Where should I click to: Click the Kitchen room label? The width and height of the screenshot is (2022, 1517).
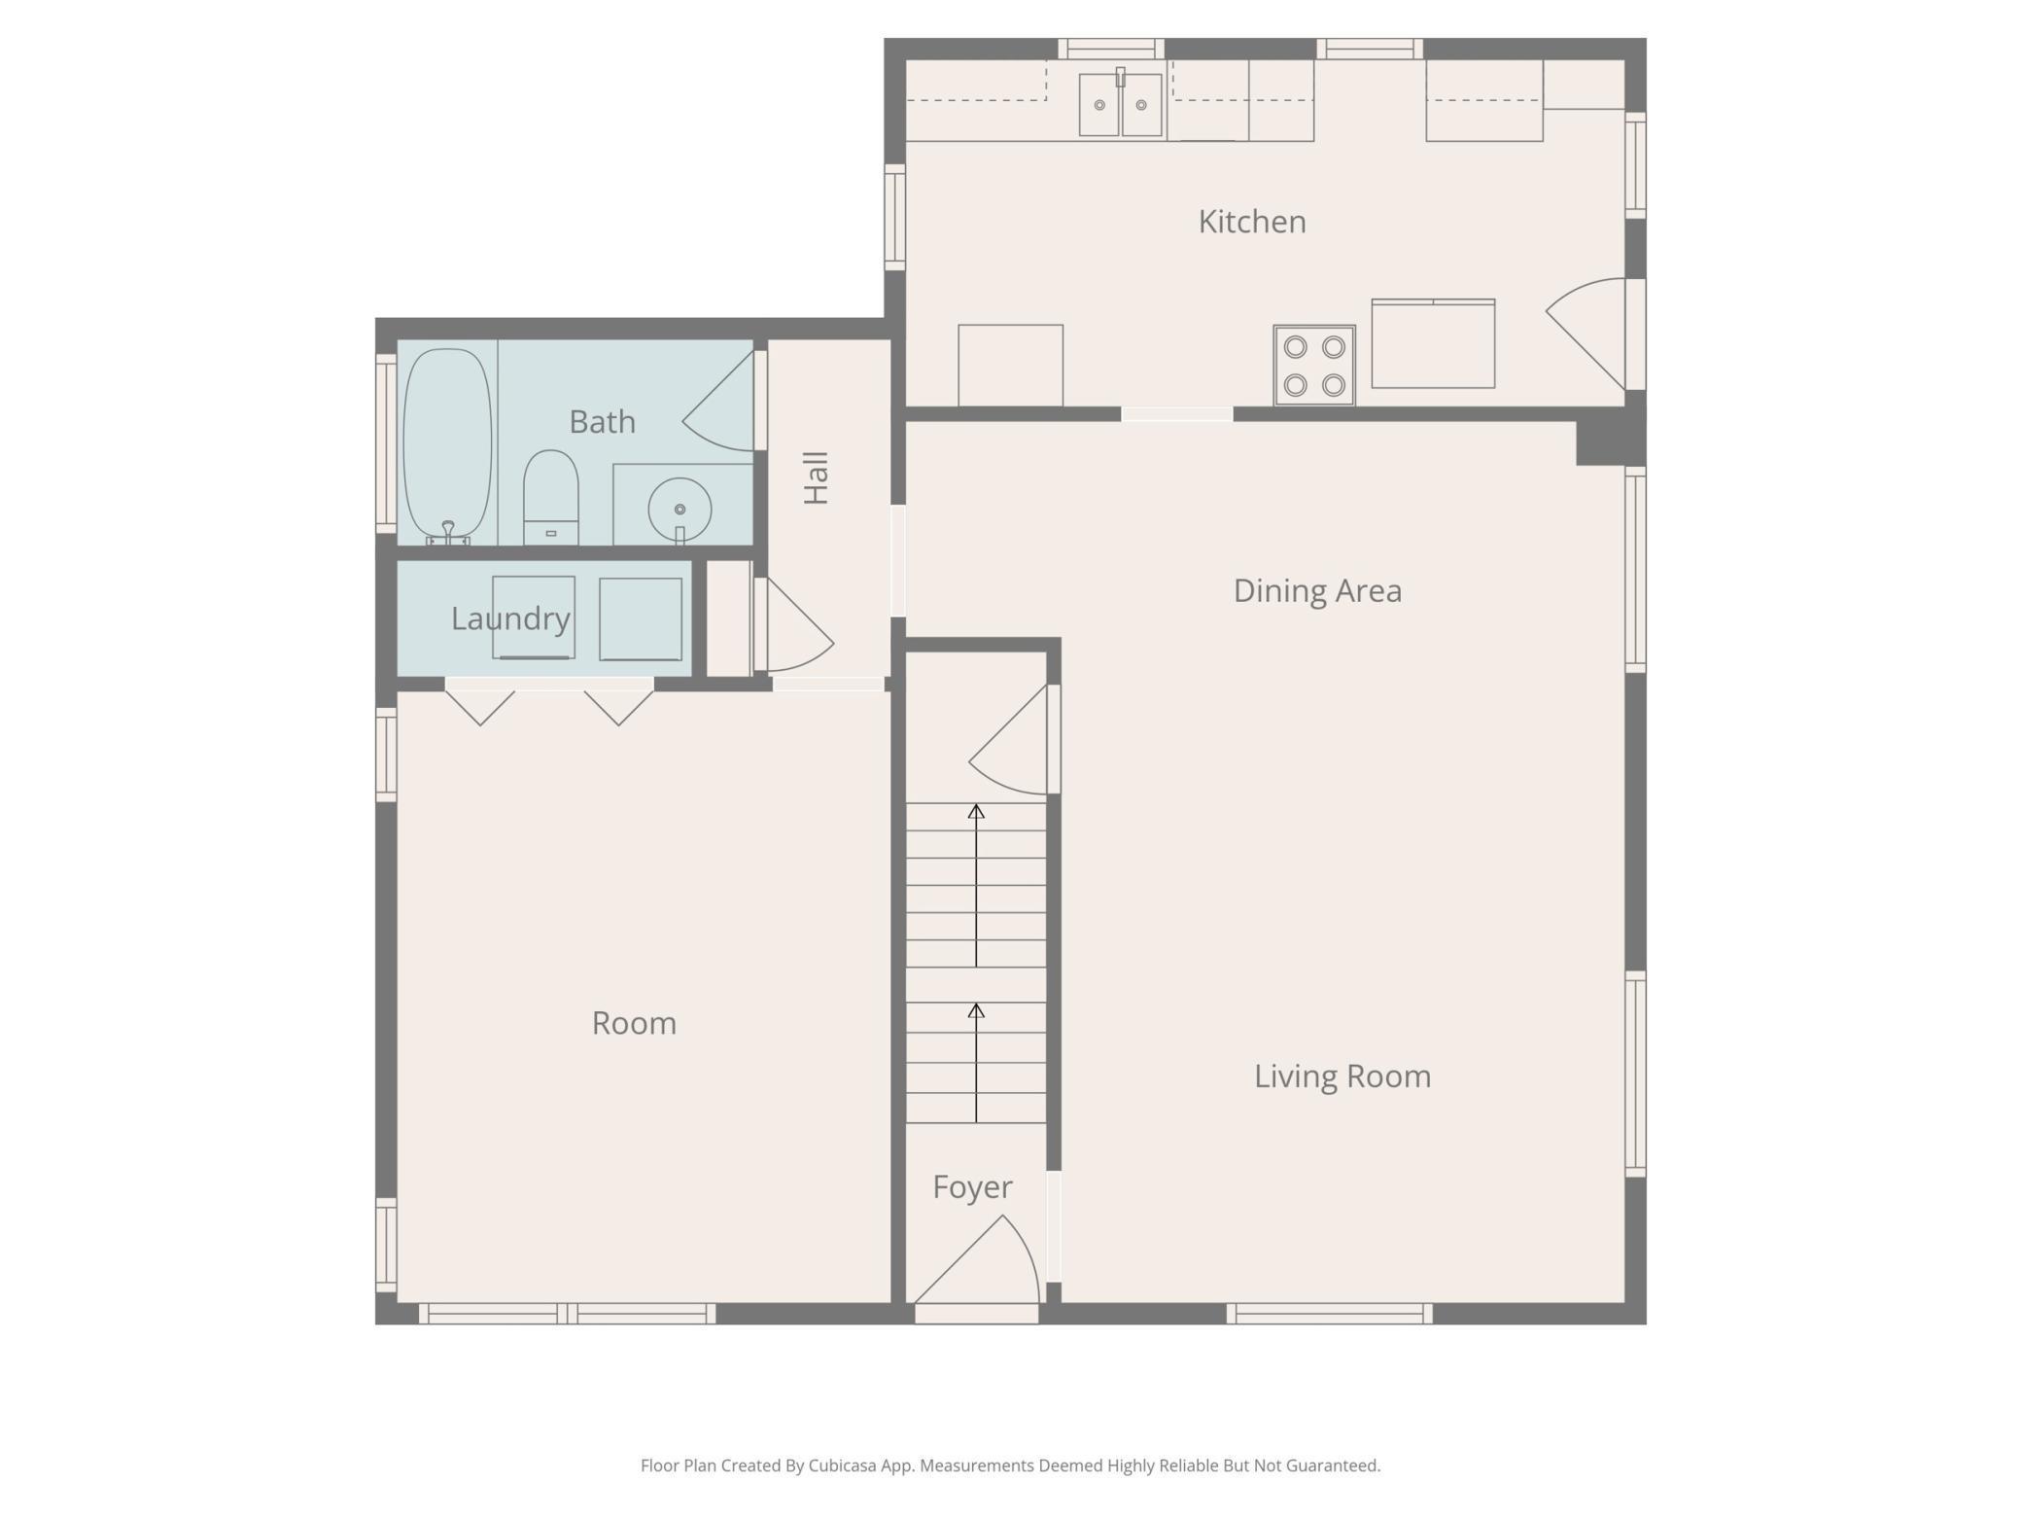[x=1251, y=222]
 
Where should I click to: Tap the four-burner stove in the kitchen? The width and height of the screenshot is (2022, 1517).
[x=1314, y=366]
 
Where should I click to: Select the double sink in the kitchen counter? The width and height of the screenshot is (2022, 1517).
[x=1120, y=105]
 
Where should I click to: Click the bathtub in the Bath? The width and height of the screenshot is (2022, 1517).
[x=447, y=444]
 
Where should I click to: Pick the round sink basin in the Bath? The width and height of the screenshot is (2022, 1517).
[x=680, y=509]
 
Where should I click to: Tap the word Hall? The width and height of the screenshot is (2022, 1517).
[x=816, y=477]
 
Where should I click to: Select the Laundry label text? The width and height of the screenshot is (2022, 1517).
[x=510, y=618]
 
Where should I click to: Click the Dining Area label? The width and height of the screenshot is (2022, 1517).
[x=1317, y=591]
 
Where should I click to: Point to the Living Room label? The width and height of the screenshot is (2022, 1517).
[x=1342, y=1076]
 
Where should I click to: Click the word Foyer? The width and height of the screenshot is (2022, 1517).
[x=972, y=1187]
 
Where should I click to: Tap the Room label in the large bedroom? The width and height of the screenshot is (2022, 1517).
[x=634, y=1023]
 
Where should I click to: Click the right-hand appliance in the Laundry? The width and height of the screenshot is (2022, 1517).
[x=640, y=619]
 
